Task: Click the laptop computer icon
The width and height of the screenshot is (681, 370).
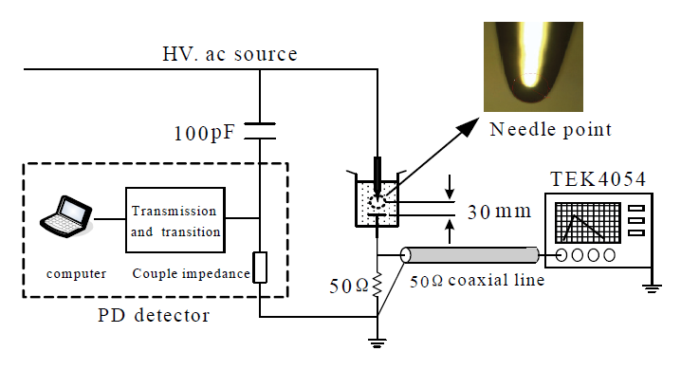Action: coord(66,216)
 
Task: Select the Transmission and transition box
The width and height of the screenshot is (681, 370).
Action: coord(175,220)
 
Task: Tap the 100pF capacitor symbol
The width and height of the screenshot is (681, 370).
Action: coord(260,131)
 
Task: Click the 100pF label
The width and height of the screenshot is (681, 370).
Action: coord(205,134)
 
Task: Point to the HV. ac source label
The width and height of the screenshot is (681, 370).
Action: coord(230,54)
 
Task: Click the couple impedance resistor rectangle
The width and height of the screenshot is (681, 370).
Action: coord(260,268)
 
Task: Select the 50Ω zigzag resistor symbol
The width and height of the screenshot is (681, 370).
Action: coord(377,286)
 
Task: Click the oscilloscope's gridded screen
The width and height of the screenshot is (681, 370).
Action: coord(588,222)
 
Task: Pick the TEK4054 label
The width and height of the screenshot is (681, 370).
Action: coord(598,179)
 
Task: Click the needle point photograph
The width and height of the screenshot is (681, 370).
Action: coord(533,66)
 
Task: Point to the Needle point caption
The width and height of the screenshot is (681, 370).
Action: coord(551,129)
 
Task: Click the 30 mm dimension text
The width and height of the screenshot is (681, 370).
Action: coord(500,212)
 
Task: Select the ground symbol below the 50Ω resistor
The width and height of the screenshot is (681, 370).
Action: coord(377,343)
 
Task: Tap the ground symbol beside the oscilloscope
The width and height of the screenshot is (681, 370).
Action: coord(652,288)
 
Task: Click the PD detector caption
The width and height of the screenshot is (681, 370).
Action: coord(154,315)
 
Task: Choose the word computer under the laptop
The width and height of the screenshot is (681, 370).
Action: coord(77,274)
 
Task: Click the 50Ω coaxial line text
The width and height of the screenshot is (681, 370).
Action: coord(477,281)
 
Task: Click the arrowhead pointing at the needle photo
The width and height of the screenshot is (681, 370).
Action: coord(469,127)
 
